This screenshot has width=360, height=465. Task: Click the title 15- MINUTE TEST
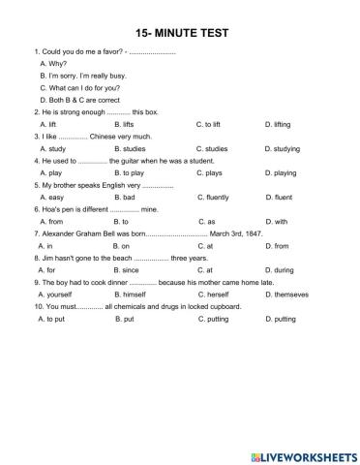[180, 32]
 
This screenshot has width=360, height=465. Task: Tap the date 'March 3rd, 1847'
[238, 233]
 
